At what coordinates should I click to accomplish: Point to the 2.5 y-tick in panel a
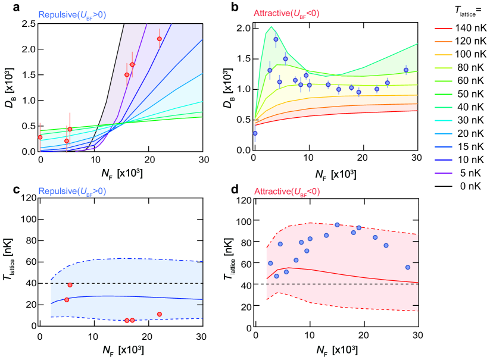(28, 23)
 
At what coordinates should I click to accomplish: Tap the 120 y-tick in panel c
(26, 198)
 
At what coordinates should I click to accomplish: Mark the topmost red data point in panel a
(160, 39)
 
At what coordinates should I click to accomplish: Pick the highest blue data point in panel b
(276, 39)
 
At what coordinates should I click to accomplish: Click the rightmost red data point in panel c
(160, 314)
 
